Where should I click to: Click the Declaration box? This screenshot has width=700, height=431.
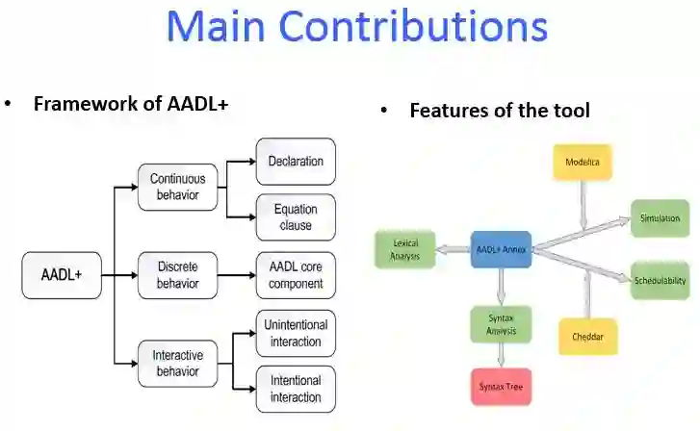click(296, 161)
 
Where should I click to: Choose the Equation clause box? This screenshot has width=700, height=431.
click(296, 217)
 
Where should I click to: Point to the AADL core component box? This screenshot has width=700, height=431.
click(296, 275)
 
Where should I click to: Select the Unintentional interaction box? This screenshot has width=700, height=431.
click(296, 334)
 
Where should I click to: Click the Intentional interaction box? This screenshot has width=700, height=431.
click(296, 389)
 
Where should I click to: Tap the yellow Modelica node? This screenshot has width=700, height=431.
click(583, 163)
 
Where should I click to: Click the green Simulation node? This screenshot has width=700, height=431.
click(660, 218)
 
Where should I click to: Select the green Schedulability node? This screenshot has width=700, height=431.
click(660, 280)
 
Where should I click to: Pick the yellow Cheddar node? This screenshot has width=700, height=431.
click(587, 337)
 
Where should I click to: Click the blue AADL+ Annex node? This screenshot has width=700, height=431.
click(501, 249)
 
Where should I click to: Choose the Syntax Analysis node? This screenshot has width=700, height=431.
click(501, 325)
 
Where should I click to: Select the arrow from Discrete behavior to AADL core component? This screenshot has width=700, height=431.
click(235, 275)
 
